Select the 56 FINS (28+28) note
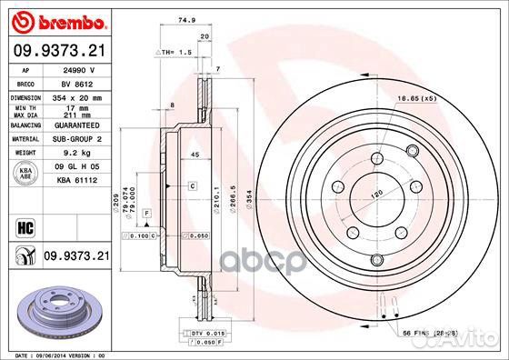tap(426, 335)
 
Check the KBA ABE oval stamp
tap(25, 173)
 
